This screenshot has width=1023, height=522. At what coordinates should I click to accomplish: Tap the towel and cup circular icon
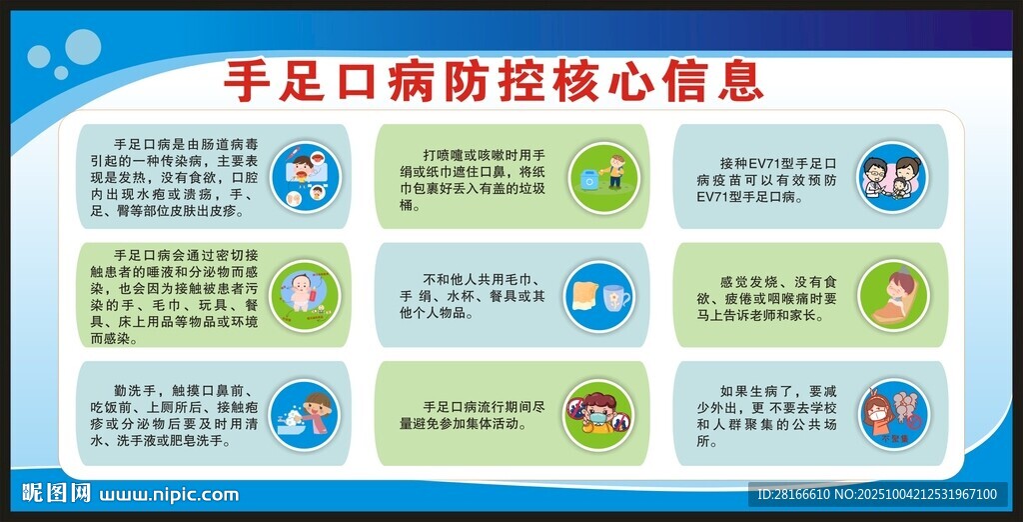pos(597,296)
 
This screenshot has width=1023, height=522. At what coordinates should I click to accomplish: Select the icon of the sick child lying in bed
pos(892,295)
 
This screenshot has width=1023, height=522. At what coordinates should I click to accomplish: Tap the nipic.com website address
pos(169,494)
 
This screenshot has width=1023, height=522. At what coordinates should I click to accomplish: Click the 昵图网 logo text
pos(57,493)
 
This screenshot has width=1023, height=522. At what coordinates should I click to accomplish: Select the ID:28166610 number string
pos(793,494)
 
